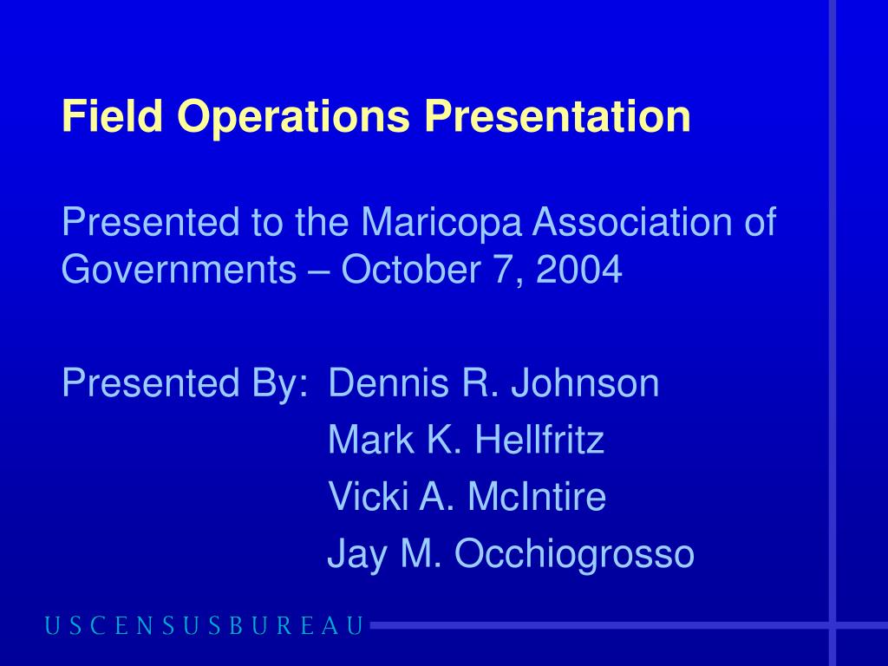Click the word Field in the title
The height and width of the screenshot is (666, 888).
113,115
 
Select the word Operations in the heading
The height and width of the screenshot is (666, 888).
293,118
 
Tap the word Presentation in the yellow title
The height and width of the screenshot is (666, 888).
558,117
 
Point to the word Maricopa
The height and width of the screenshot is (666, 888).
441,223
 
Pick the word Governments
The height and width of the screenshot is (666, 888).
179,270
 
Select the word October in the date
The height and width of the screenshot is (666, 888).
411,269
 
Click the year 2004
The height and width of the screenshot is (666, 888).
578,270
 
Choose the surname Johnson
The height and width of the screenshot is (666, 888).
585,383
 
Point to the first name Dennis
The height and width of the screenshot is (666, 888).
388,383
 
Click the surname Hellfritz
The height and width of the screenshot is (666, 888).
539,440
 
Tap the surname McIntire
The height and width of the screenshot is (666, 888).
537,496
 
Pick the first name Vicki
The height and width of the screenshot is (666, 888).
368,496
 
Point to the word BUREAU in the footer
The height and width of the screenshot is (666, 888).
297,626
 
